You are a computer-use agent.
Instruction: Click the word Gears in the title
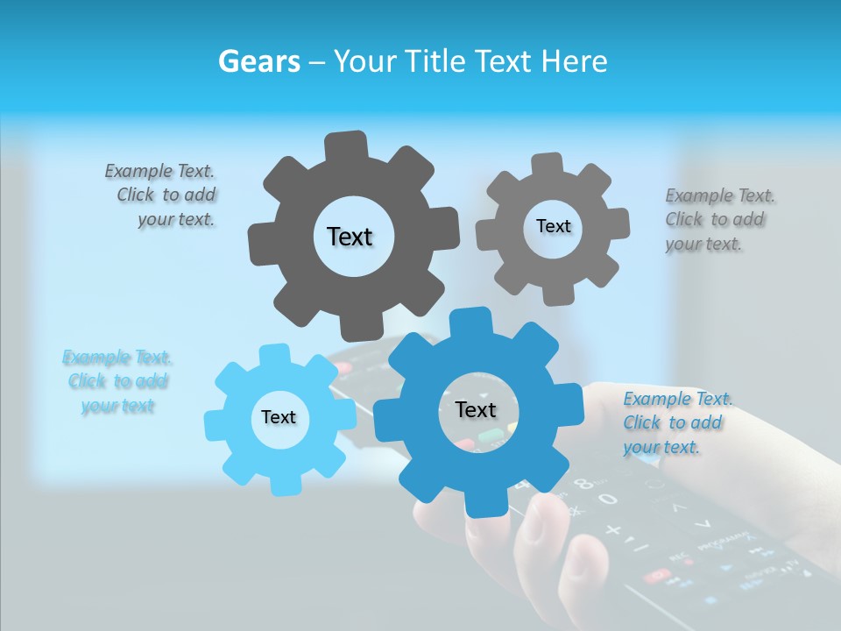(x=257, y=61)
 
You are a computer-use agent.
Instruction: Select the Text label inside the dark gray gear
(x=350, y=237)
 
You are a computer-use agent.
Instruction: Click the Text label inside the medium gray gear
(x=553, y=226)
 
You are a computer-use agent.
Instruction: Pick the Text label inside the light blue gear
(x=279, y=418)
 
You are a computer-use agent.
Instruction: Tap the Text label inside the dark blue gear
(x=476, y=409)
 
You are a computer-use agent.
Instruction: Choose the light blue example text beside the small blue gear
(x=117, y=381)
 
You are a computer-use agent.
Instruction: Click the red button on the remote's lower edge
(x=655, y=576)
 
